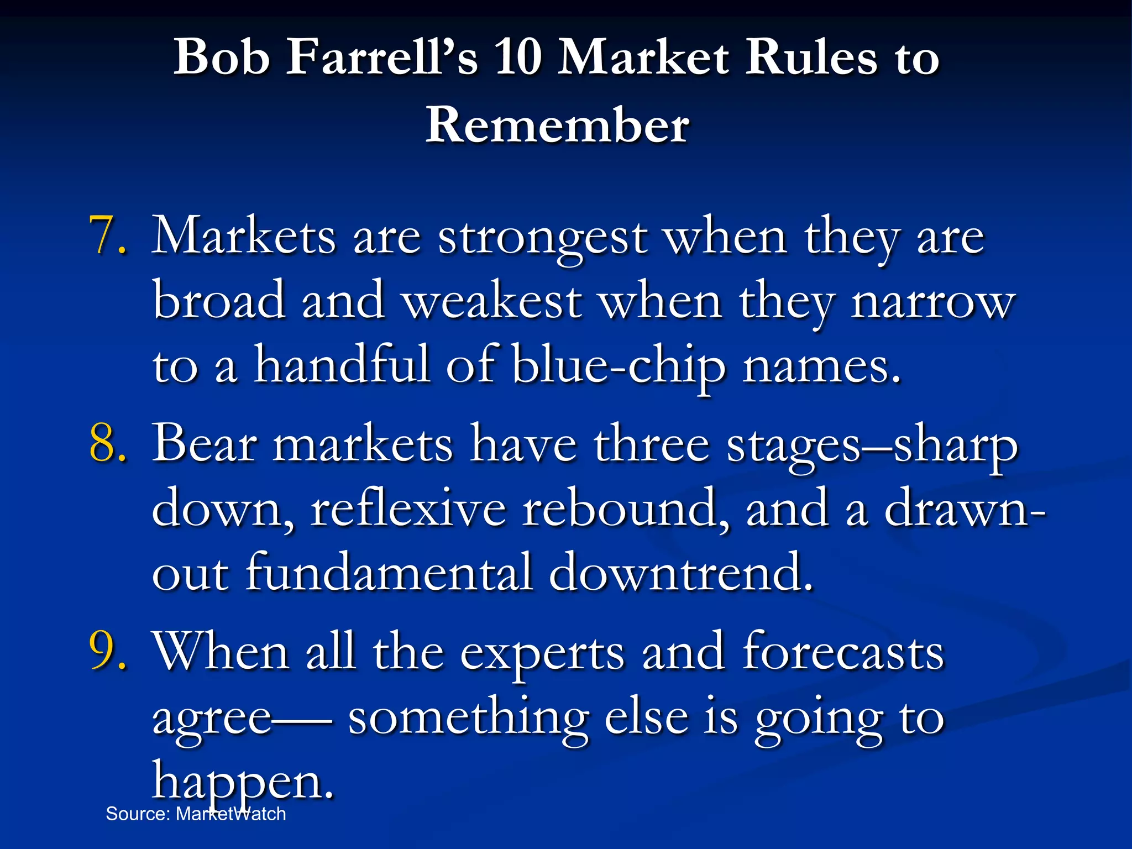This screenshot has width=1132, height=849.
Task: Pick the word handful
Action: point(342,365)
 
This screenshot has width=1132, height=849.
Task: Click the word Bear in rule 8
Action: point(205,444)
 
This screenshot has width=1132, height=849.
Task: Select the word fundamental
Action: point(389,572)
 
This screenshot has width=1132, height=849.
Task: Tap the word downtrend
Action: point(680,572)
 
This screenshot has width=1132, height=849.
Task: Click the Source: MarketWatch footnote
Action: point(196,814)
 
